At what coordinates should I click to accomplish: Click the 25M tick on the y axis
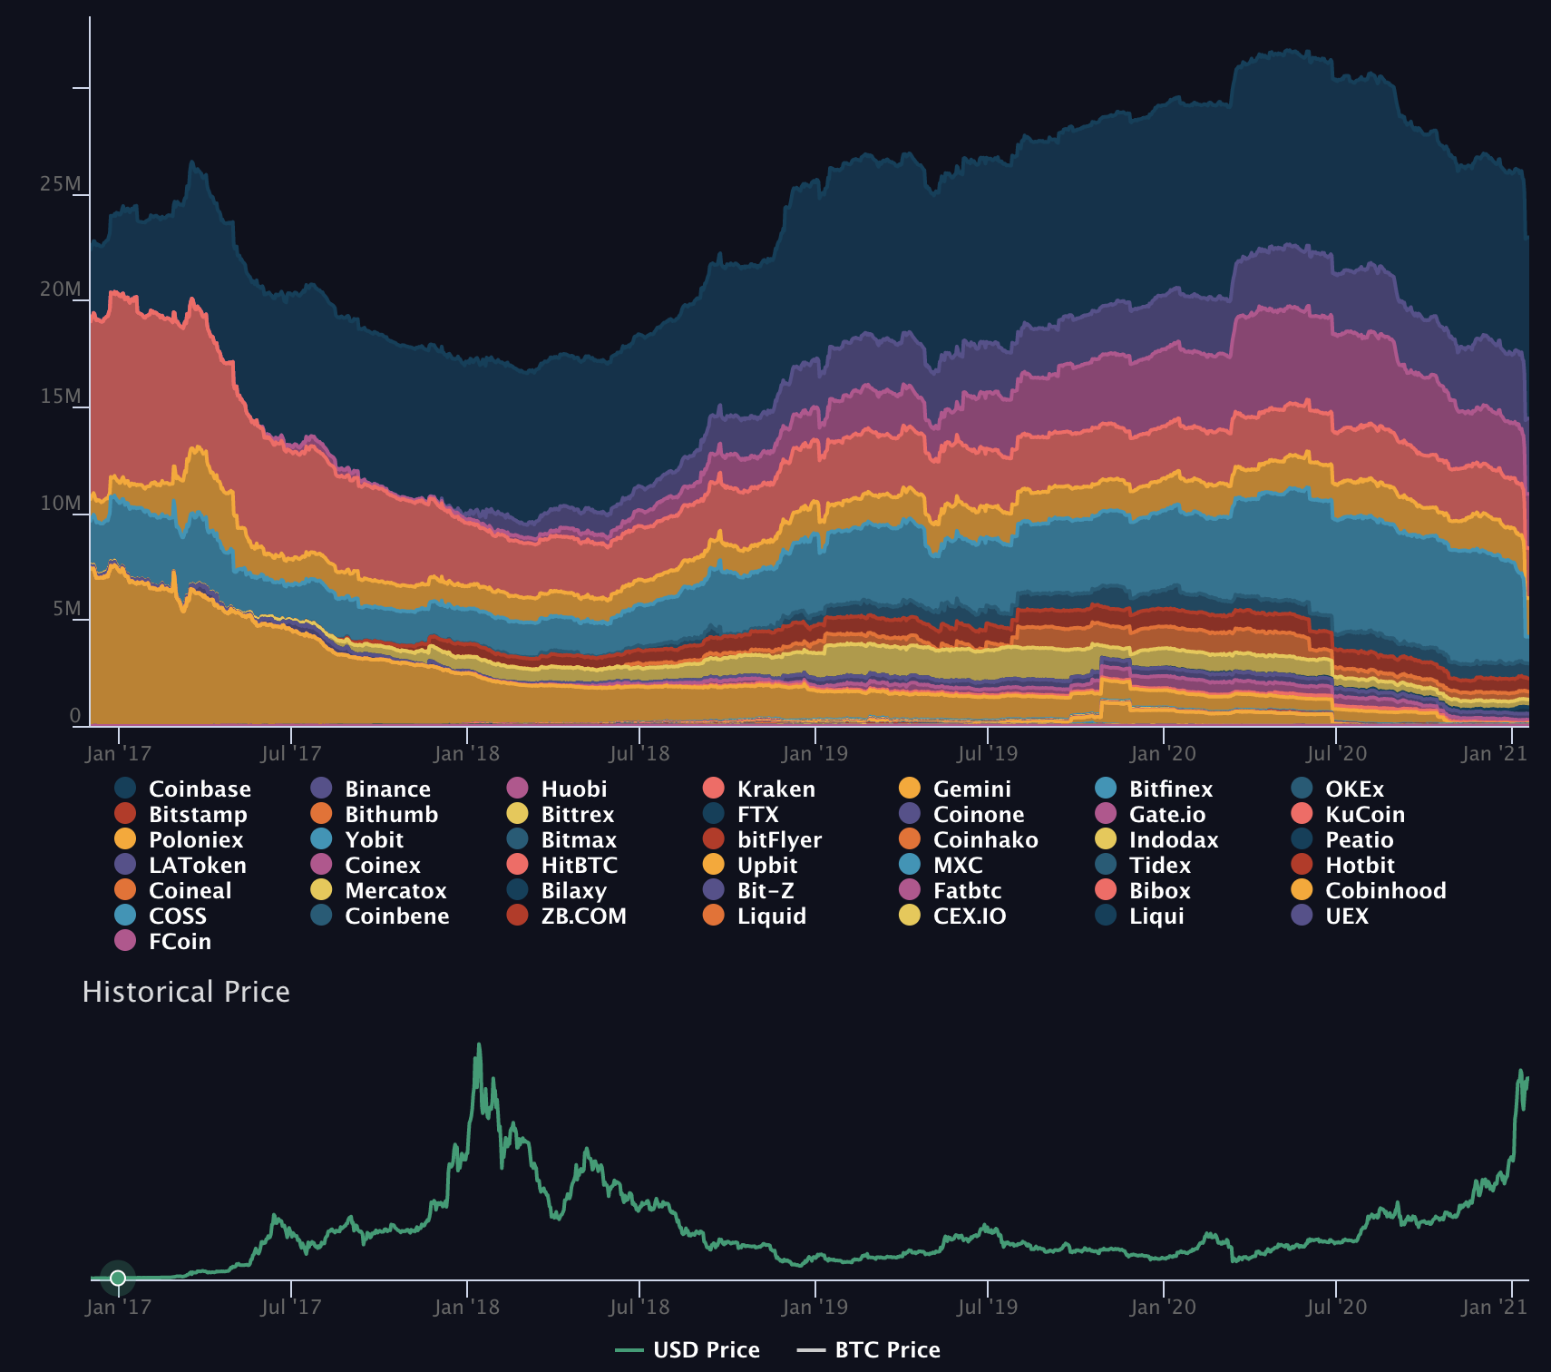60,184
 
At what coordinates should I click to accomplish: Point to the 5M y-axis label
66,609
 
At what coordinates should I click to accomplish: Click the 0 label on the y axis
75,716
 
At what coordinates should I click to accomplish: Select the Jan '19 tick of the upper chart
815,753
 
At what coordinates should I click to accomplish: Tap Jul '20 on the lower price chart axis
1335,1307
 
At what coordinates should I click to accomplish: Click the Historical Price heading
186,992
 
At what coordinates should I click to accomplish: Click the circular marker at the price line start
118,1279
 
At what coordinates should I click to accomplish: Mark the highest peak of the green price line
479,1044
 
